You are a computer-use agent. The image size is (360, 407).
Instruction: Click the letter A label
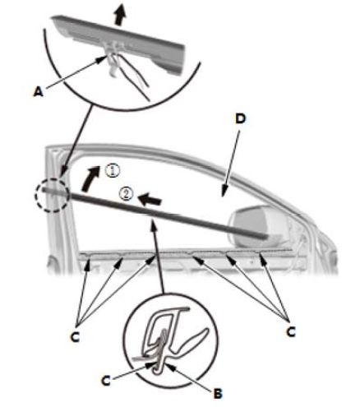pyautogui.click(x=39, y=92)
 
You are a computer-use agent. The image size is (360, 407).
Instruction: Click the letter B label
pyautogui.click(x=218, y=394)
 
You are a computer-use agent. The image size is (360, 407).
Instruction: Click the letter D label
pyautogui.click(x=240, y=118)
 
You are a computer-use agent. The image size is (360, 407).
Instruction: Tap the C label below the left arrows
pyautogui.click(x=75, y=337)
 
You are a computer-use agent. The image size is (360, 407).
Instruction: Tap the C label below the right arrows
pyautogui.click(x=291, y=332)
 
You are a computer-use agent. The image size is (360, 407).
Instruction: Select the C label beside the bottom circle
pyautogui.click(x=106, y=381)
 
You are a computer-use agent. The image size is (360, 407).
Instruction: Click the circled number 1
pyautogui.click(x=113, y=171)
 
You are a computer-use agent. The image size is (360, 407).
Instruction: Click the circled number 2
pyautogui.click(x=127, y=194)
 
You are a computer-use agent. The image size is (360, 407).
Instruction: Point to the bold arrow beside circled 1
pyautogui.click(x=90, y=178)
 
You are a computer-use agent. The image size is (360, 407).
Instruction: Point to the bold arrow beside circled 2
pyautogui.click(x=150, y=200)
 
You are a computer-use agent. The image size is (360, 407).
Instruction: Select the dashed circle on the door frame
pyautogui.click(x=51, y=195)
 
